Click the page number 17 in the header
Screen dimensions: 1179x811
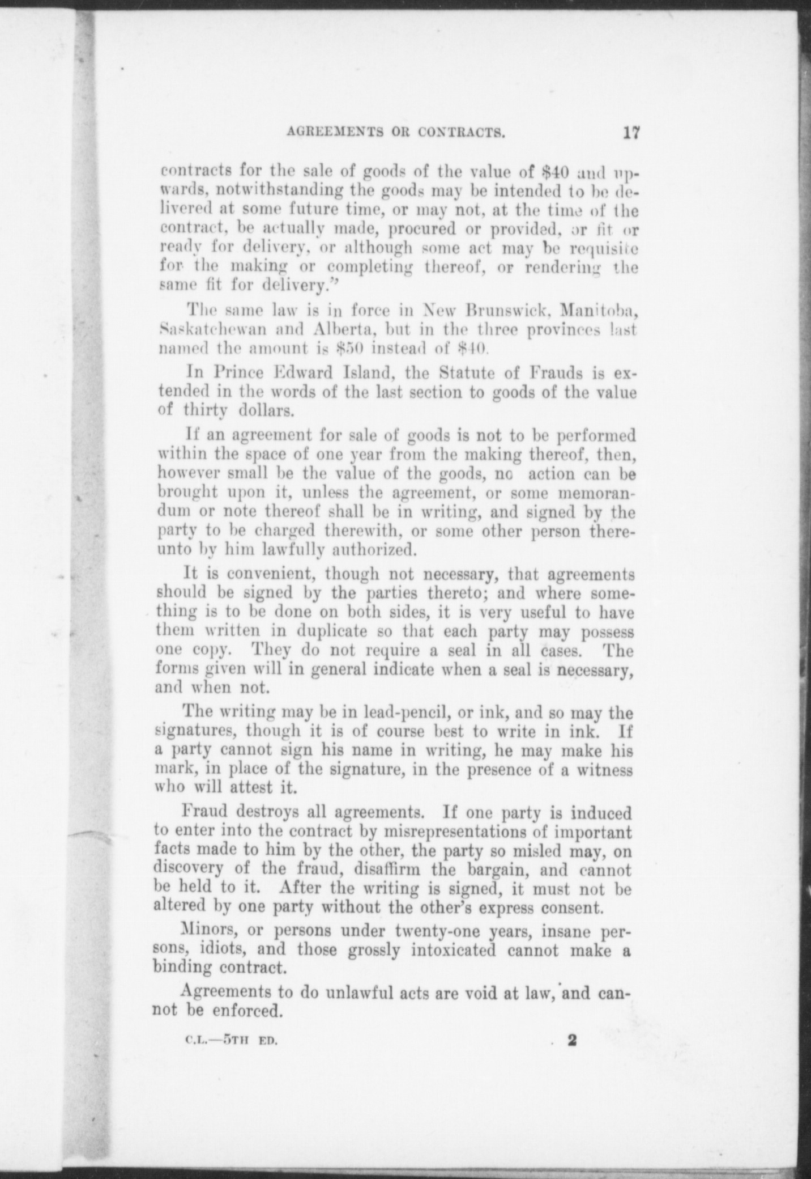coord(631,133)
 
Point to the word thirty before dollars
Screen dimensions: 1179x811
coord(206,411)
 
